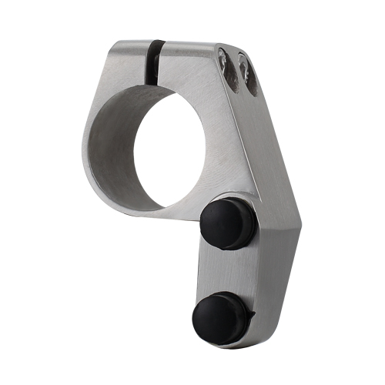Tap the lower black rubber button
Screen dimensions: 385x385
tap(219, 317)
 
